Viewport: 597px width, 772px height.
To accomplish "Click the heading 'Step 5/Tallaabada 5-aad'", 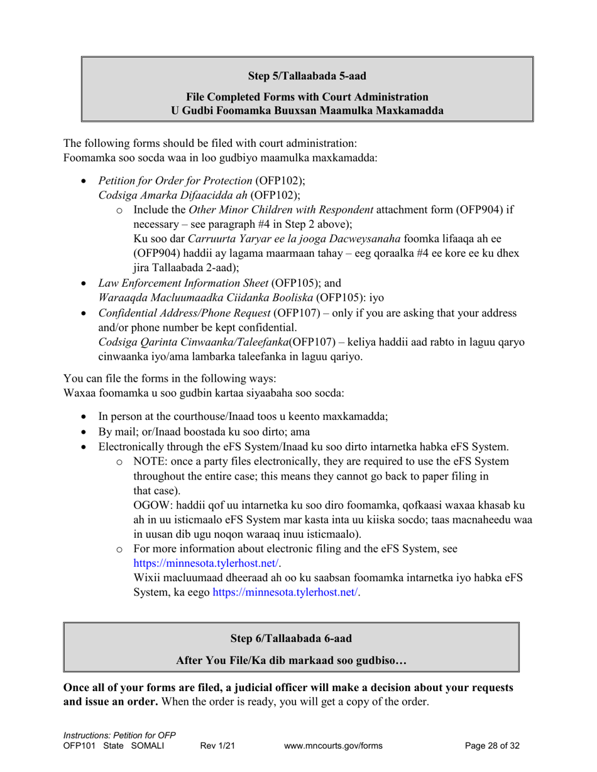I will point(307,76).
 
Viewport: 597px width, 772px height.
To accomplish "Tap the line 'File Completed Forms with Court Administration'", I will point(307,97).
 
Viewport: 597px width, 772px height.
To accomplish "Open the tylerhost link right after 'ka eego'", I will point(287,592).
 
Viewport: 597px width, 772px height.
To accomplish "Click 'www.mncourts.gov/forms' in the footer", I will point(333,746).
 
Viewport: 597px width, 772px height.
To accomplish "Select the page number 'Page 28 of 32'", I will point(492,746).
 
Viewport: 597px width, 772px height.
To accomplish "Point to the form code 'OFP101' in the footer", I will point(79,746).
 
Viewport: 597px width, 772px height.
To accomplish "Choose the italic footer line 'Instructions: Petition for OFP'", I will point(119,736).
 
